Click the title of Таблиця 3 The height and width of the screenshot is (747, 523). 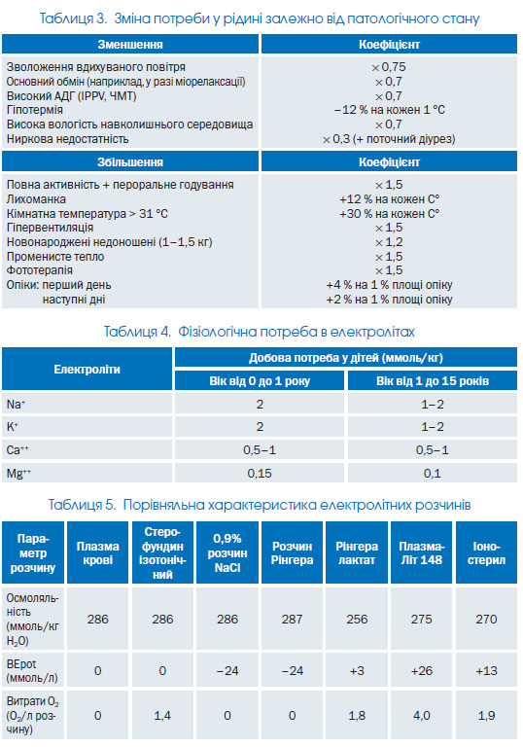[x=260, y=18]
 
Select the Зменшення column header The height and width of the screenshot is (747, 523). [x=130, y=45]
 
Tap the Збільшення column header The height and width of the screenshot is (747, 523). [x=130, y=162]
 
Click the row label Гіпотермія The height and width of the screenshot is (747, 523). [x=34, y=110]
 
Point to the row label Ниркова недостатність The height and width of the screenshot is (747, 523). [x=67, y=139]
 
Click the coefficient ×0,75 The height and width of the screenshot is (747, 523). [x=389, y=67]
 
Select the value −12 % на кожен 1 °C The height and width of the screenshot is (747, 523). [x=389, y=110]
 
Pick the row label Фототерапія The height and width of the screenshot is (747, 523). [x=40, y=270]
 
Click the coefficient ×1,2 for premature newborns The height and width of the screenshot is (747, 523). [x=389, y=242]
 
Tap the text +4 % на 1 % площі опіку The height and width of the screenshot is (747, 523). [x=389, y=285]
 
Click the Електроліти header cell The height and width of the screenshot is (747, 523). [x=87, y=370]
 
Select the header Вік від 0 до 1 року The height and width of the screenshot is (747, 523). [x=260, y=381]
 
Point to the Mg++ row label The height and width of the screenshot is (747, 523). [x=18, y=473]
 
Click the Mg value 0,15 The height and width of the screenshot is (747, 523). [x=260, y=473]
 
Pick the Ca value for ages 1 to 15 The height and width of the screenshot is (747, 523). [x=432, y=449]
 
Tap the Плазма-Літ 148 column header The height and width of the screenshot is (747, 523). [x=422, y=552]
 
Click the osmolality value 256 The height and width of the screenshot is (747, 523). [x=357, y=619]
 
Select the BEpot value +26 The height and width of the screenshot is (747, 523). [x=422, y=671]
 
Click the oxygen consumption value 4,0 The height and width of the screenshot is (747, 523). [x=422, y=716]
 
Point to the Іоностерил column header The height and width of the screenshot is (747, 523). [x=486, y=552]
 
